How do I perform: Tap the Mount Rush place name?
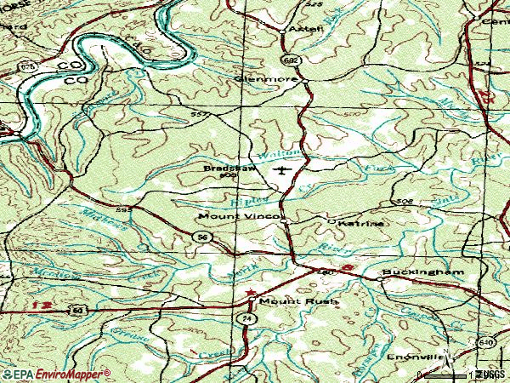[287, 302]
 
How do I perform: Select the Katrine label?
[361, 223]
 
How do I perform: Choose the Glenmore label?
[265, 79]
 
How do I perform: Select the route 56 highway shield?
[201, 237]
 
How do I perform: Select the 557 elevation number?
[201, 115]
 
